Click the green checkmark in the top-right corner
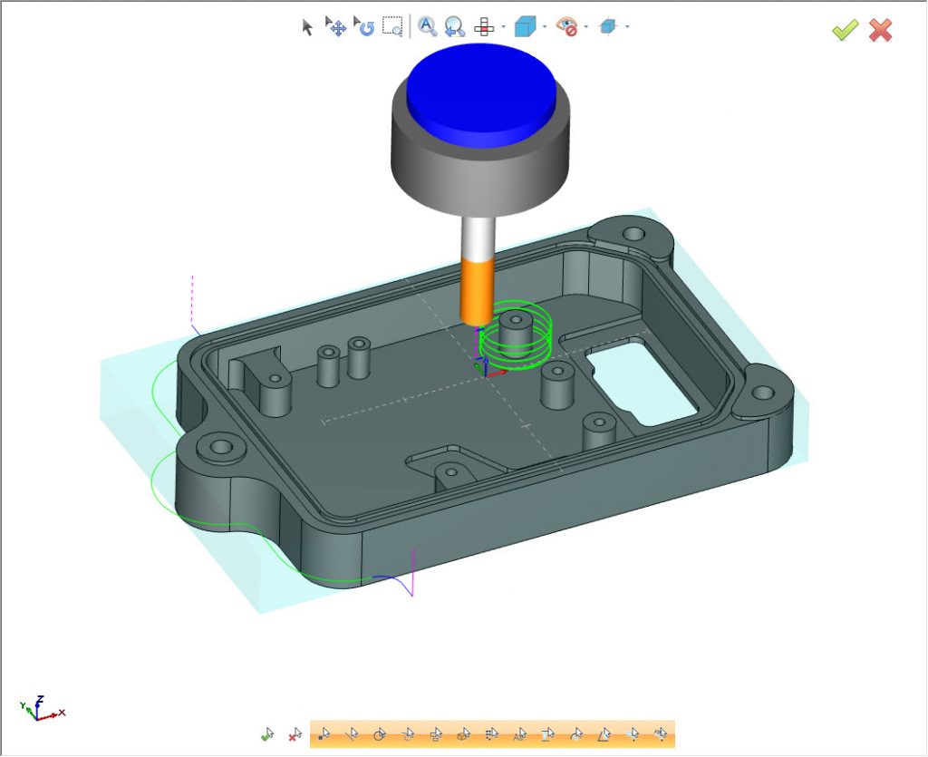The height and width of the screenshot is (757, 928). (845, 30)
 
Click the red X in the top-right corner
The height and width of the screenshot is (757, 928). (880, 30)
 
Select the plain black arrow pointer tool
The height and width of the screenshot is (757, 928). (307, 27)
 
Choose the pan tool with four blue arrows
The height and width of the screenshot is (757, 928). (335, 26)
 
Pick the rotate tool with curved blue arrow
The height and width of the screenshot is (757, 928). (364, 26)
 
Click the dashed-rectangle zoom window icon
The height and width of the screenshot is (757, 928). (392, 26)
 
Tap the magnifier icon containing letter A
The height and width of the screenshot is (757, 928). (427, 26)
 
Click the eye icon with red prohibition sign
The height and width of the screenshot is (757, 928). (567, 27)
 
